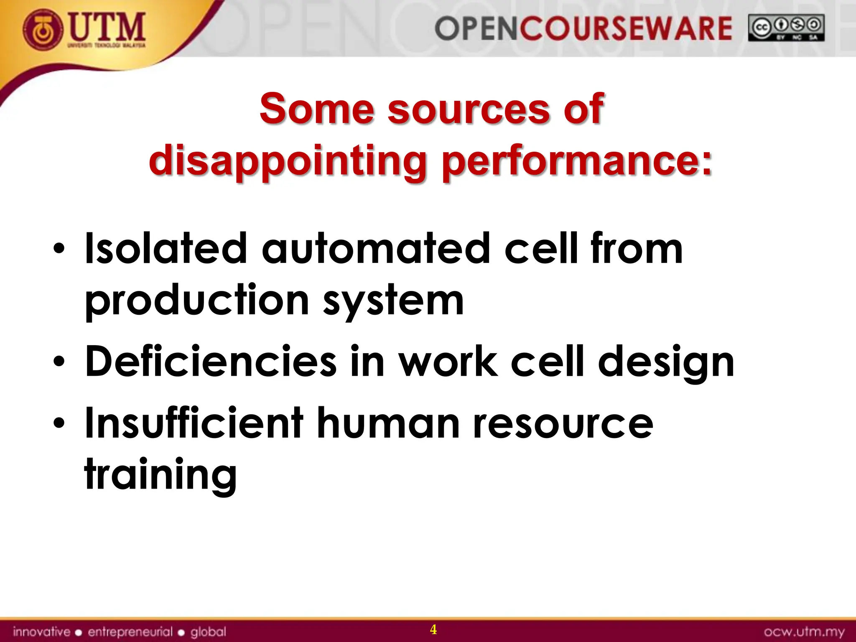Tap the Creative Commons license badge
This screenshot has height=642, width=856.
tap(786, 28)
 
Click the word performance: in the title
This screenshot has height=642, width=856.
tap(577, 161)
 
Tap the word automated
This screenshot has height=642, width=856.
tap(375, 249)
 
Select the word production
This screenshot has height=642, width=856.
tap(196, 301)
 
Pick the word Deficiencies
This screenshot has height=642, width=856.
tap(210, 361)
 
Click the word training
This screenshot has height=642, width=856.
tap(160, 475)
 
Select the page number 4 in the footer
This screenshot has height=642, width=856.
tap(433, 629)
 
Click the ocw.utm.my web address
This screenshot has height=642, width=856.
tap(804, 632)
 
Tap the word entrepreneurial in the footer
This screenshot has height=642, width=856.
tap(130, 632)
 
